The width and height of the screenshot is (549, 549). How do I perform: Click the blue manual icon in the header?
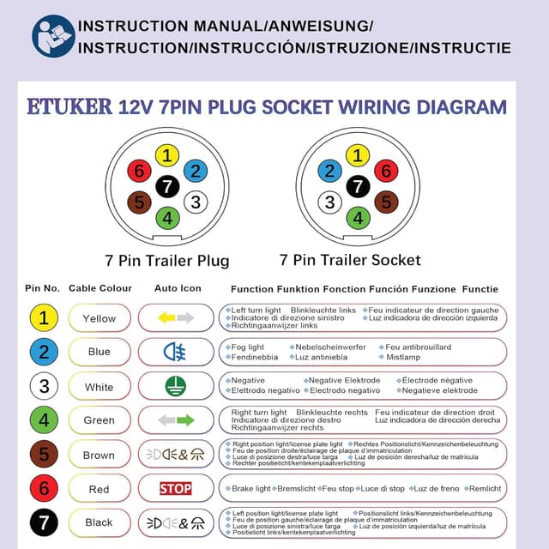(53, 36)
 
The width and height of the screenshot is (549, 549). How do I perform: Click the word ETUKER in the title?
(69, 107)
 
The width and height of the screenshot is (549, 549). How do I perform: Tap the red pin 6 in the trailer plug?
(140, 171)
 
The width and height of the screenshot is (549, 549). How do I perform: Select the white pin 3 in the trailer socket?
(329, 202)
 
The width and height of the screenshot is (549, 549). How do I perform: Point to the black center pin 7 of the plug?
(168, 186)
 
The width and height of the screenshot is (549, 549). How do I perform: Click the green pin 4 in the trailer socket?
(358, 218)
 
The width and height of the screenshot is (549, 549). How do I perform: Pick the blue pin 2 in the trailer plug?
(196, 171)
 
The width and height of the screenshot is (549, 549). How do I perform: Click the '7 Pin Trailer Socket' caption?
(350, 260)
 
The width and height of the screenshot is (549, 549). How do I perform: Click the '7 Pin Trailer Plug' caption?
(167, 260)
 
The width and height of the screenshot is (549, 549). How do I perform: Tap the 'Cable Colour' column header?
(100, 289)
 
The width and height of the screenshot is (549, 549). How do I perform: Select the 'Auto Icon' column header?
(178, 289)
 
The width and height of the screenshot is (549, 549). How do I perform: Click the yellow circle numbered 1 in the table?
(44, 318)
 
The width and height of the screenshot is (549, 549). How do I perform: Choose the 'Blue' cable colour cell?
(100, 352)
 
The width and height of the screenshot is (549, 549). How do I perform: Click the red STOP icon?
(176, 489)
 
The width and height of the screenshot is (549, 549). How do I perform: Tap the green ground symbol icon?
(176, 386)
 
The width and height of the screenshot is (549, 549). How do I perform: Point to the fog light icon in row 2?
(175, 352)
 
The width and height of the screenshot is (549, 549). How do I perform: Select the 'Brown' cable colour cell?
(100, 455)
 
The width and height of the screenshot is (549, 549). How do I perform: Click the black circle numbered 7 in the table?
(44, 522)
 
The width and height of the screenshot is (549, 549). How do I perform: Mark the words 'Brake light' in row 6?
(251, 488)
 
